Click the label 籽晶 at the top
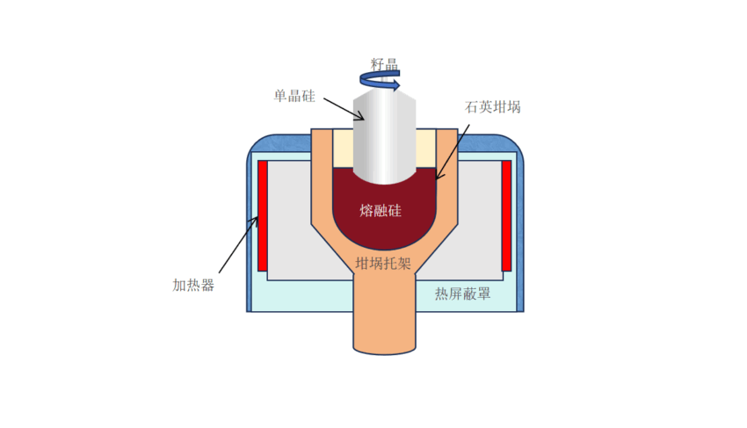click(384, 64)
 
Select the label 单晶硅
click(294, 96)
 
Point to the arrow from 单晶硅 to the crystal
click(344, 109)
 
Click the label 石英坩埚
click(493, 106)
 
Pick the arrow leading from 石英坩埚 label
click(453, 152)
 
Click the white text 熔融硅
click(381, 210)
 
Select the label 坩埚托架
click(383, 263)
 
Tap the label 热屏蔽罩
click(462, 294)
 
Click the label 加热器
click(193, 285)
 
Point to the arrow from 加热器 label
click(239, 245)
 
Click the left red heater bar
click(263, 216)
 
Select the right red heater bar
click(506, 216)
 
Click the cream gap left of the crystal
click(343, 149)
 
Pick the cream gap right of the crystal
click(426, 149)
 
